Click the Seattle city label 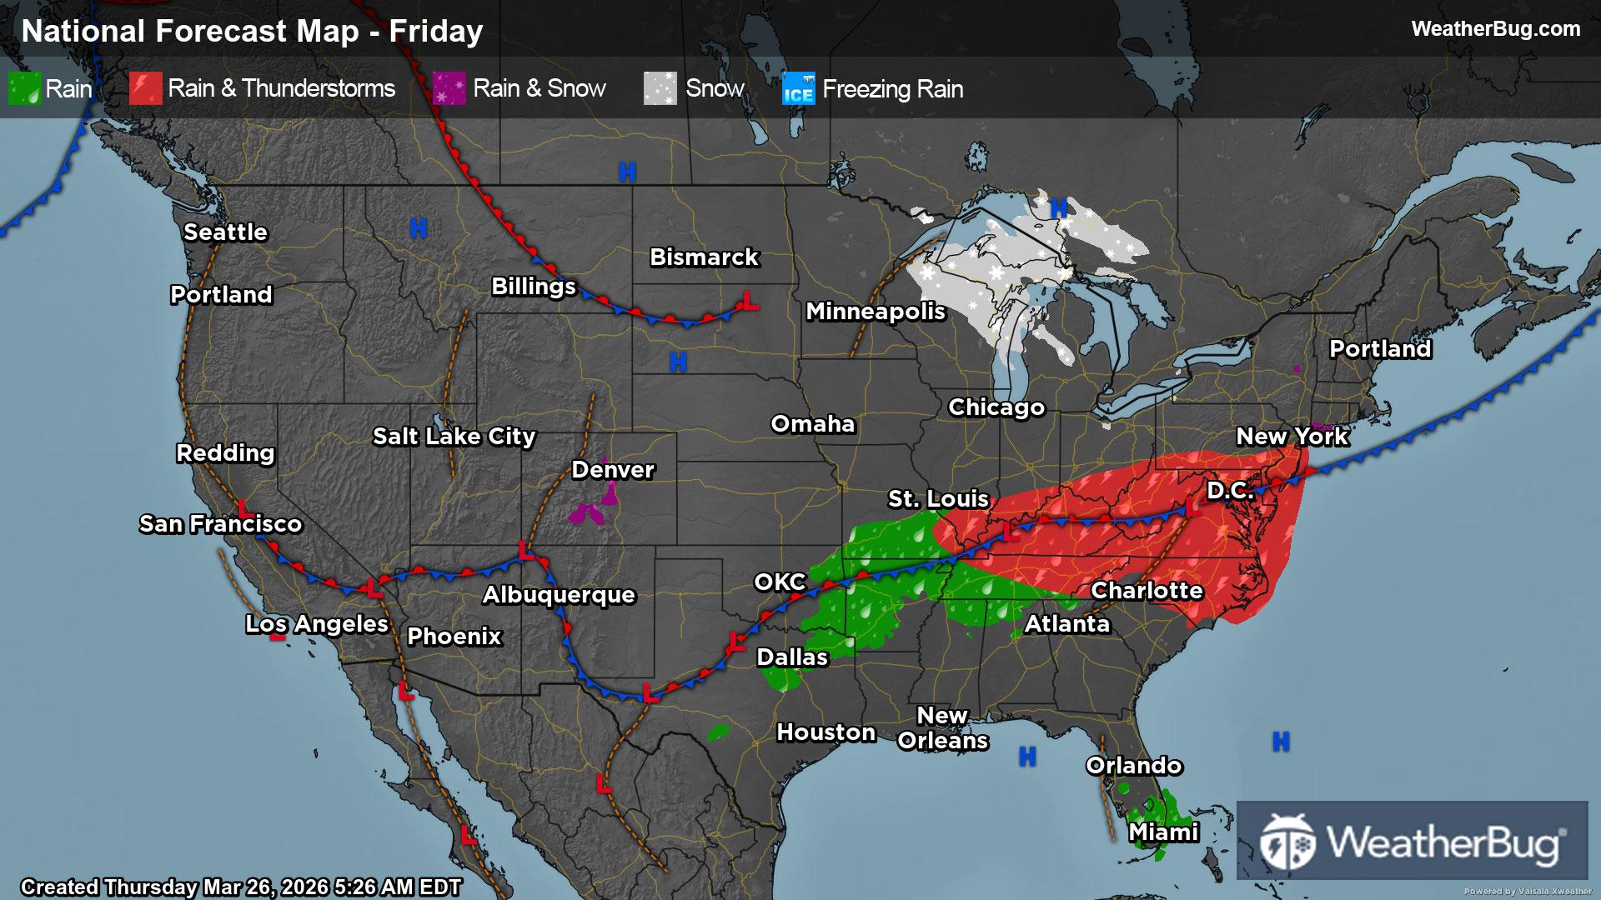tap(225, 232)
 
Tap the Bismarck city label tap(704, 257)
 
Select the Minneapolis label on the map tap(875, 312)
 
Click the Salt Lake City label tap(454, 436)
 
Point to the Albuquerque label tap(559, 594)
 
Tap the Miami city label tap(1163, 832)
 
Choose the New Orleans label tap(942, 727)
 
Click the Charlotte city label tap(1147, 590)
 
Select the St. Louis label tap(938, 498)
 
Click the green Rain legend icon tap(24, 88)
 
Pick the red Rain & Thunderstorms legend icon tap(145, 88)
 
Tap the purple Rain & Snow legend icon tap(449, 88)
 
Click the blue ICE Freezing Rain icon tap(798, 89)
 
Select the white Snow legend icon tap(660, 88)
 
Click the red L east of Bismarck tap(750, 301)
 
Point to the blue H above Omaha tap(678, 362)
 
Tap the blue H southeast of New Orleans tap(1027, 757)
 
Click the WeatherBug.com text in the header tap(1495, 28)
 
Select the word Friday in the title tap(436, 31)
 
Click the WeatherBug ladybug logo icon tap(1287, 842)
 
